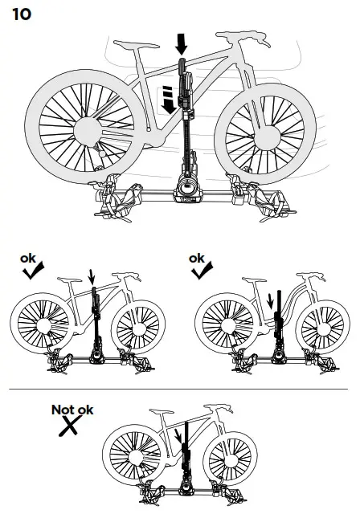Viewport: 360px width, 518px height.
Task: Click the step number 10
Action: pyautogui.click(x=21, y=15)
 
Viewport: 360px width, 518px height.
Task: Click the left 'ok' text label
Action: pyautogui.click(x=28, y=259)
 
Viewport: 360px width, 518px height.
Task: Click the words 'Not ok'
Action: pyautogui.click(x=72, y=410)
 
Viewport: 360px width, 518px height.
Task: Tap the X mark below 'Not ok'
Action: pyautogui.click(x=69, y=426)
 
